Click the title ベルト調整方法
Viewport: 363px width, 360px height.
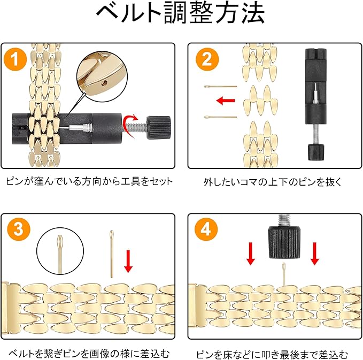tap(181, 13)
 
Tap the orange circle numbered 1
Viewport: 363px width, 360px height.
tap(16, 59)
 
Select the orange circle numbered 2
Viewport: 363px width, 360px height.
tap(207, 59)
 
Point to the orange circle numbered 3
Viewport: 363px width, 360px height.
tap(19, 229)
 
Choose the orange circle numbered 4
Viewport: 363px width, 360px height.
tap(206, 229)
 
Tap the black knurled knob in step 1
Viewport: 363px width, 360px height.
tap(159, 127)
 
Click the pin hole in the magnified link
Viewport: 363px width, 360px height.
tap(105, 82)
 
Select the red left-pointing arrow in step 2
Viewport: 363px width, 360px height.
tap(226, 101)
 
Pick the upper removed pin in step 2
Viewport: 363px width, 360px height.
tap(220, 87)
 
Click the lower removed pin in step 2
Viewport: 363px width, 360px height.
tap(220, 117)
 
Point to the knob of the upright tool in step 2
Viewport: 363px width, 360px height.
tap(316, 152)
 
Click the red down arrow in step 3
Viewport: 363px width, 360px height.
tap(128, 261)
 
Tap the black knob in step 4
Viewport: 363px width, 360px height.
tap(284, 242)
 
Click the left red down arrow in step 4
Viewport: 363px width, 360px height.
tap(251, 254)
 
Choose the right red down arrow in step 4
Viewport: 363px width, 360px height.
tap(314, 254)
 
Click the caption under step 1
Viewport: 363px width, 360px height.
tap(89, 181)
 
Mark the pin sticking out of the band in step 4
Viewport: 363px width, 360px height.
tap(284, 274)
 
